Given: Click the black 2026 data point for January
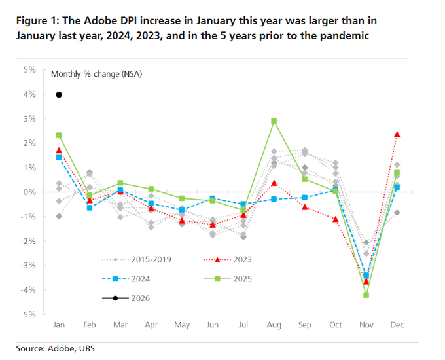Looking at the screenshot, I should point(59,94).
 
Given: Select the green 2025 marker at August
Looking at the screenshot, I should point(274,121).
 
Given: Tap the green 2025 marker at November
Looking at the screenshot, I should point(366,295).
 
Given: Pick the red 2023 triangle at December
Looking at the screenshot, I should point(397,134).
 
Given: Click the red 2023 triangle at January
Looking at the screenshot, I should point(59,151).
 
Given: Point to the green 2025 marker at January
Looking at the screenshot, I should point(59,135).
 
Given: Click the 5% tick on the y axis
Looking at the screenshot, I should point(31,70).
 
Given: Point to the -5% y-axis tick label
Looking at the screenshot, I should point(29,314).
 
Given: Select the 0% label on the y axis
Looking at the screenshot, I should point(31,192).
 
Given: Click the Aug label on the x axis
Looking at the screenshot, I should point(274,325).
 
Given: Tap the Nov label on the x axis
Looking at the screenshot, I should point(366,325).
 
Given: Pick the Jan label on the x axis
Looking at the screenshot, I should point(59,325).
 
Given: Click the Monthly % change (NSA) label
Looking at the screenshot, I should point(96,74).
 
